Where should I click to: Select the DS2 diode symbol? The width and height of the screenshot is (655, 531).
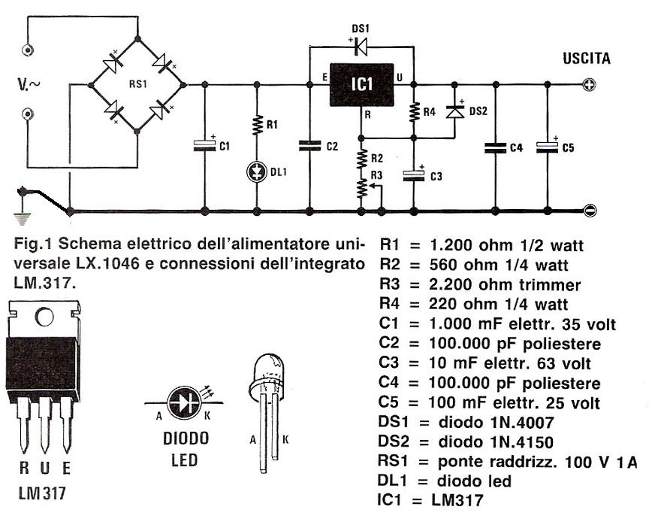[453, 111]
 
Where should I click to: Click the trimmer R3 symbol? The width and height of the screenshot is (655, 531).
[362, 187]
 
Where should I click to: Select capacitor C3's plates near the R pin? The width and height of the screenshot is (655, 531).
[414, 174]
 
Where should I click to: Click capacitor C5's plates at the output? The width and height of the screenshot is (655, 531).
[547, 146]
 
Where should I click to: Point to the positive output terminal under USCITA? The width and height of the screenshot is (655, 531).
[589, 85]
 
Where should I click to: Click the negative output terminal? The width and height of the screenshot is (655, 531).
[590, 211]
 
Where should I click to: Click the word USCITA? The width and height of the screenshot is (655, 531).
[587, 59]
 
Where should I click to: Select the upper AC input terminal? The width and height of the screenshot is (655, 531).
[29, 51]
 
